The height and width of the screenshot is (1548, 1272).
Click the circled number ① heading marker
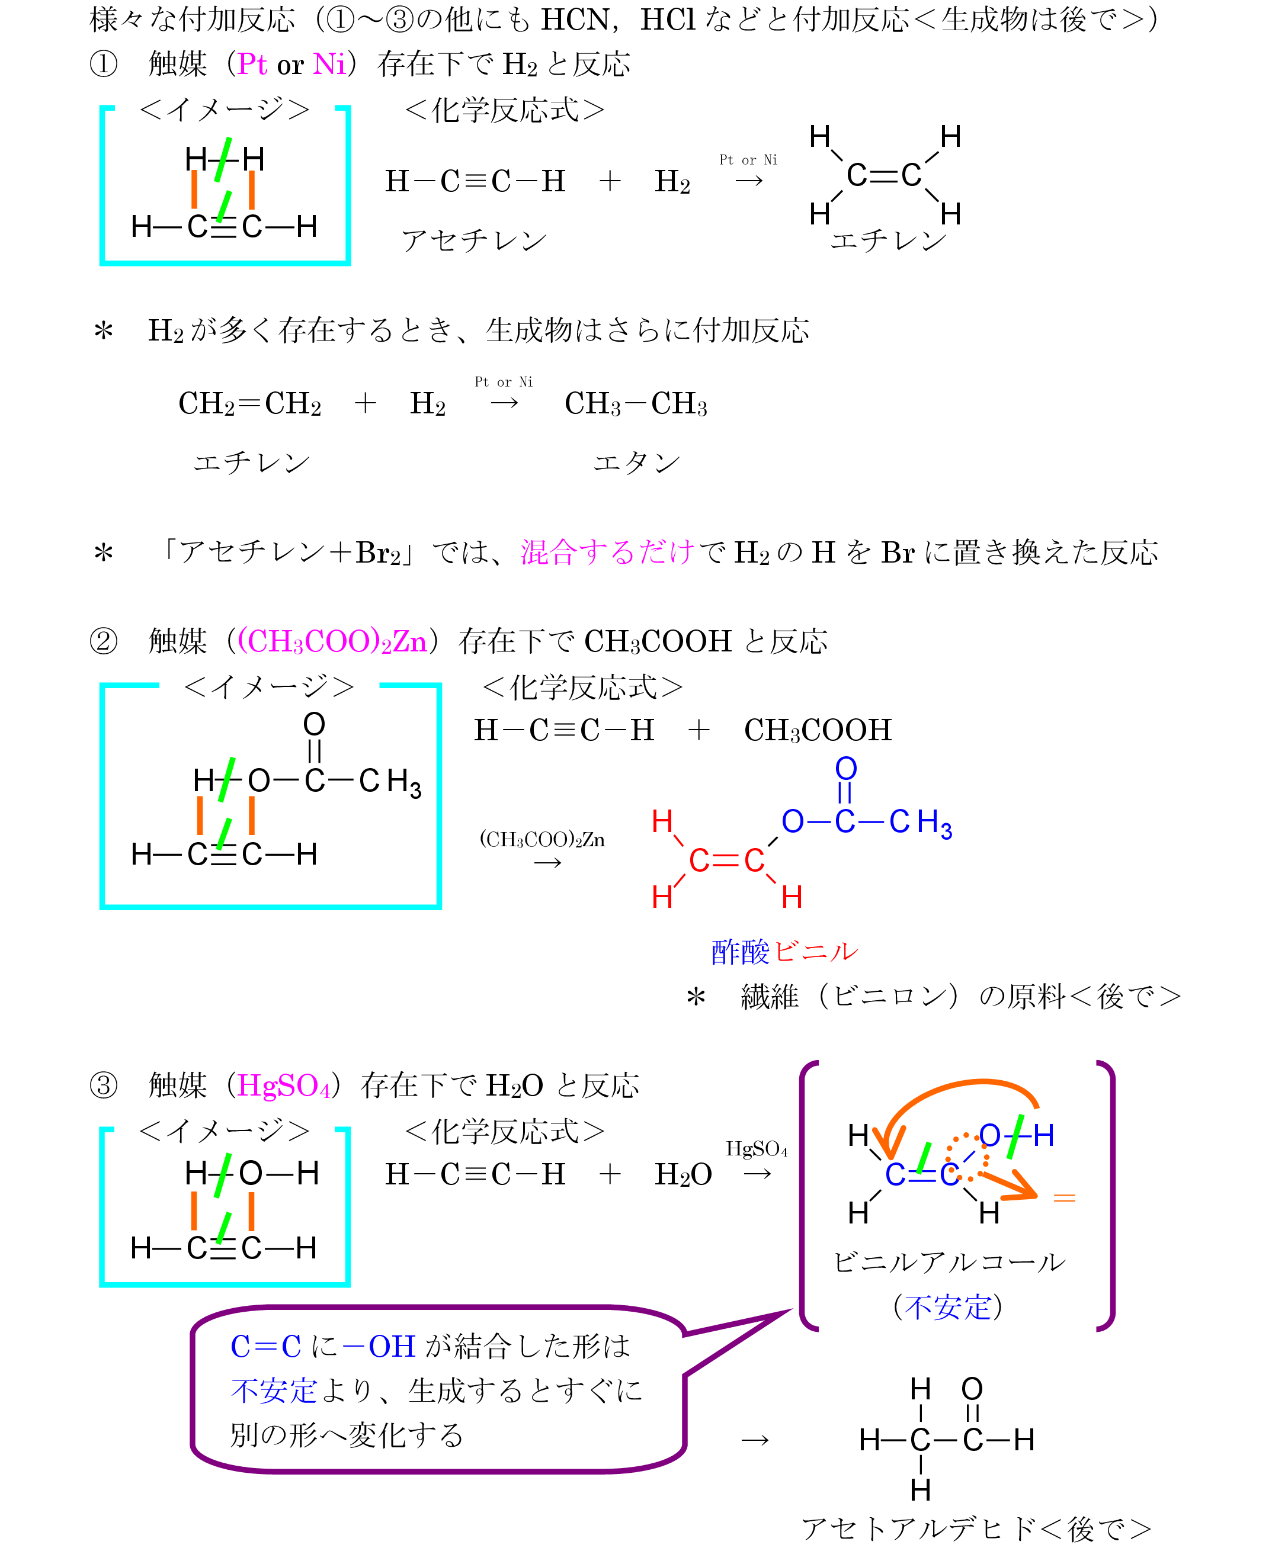point(103,65)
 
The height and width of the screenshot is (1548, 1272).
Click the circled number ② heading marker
point(103,641)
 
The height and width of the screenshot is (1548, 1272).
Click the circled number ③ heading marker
point(103,1085)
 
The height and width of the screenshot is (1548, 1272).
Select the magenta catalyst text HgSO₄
point(284,1085)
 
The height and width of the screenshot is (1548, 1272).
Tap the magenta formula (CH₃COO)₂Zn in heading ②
point(332,641)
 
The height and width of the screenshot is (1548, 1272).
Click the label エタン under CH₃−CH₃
point(636,463)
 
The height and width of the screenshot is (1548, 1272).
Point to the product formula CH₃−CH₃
point(635,403)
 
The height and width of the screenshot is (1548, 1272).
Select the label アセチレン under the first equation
point(474,240)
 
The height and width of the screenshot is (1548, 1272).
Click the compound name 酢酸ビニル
point(784,951)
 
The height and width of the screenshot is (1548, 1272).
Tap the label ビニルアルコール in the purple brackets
point(949,1262)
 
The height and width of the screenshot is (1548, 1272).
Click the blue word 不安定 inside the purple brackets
point(947,1307)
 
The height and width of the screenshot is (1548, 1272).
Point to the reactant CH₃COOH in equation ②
point(818,730)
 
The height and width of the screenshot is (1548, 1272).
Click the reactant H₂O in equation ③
point(683,1174)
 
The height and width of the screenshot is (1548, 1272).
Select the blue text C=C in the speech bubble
point(265,1347)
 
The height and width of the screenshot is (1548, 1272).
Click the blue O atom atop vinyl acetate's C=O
point(845,768)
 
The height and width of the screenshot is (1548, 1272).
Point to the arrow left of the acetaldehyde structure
point(755,1440)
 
